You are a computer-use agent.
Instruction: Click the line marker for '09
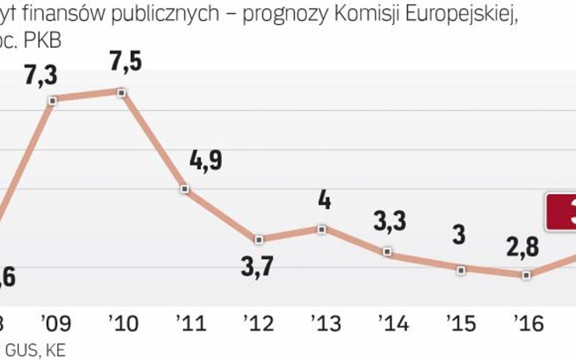tap(53, 100)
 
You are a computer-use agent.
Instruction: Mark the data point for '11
tap(186, 189)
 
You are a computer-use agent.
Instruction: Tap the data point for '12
tap(259, 240)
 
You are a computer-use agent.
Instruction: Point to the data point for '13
tap(322, 229)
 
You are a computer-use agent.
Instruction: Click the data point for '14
tap(388, 251)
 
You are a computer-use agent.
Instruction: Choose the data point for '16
tap(526, 275)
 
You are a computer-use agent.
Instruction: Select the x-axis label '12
tap(258, 324)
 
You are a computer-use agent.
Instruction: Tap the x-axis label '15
tap(460, 324)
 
